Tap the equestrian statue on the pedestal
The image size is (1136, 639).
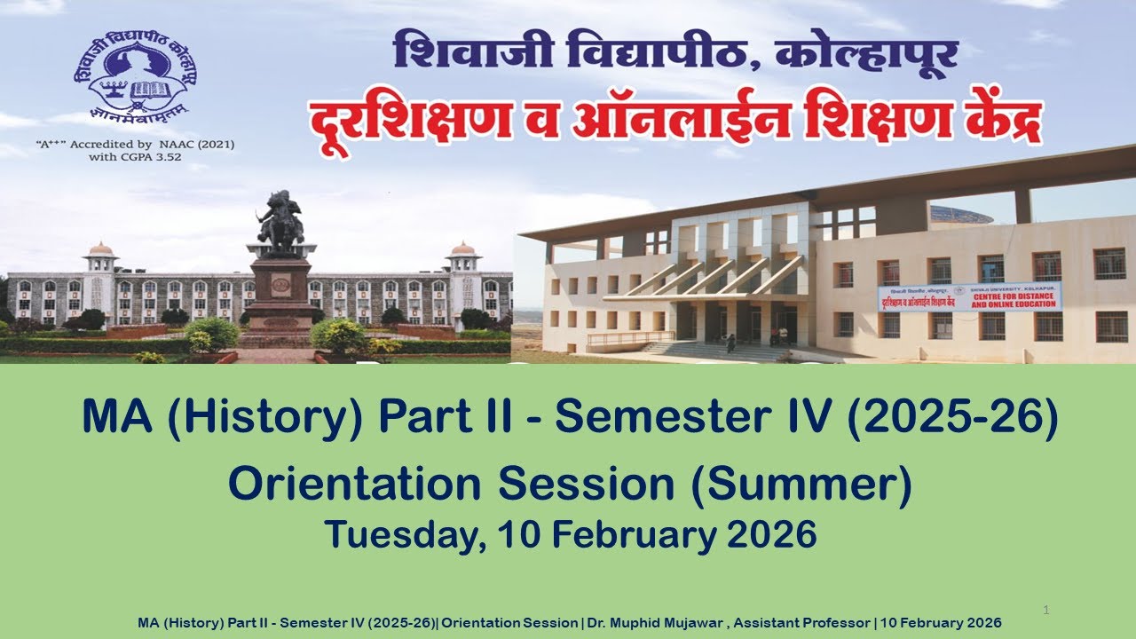pos(280,220)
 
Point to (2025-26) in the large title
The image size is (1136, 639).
pos(951,418)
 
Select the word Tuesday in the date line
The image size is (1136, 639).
pos(404,534)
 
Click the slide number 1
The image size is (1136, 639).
pos(1046,610)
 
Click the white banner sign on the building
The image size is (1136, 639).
pos(969,296)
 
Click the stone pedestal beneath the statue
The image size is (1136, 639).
pos(280,288)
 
